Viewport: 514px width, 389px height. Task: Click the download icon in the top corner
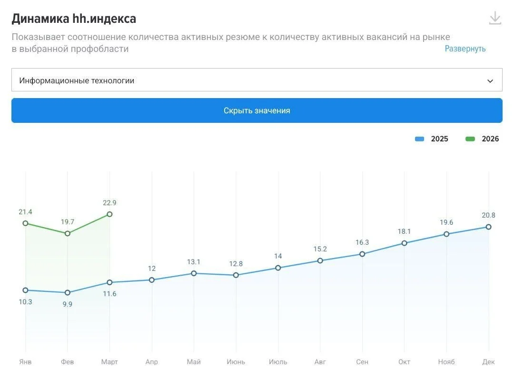point(495,18)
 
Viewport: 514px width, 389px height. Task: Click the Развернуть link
point(465,49)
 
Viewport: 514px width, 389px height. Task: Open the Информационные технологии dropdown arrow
point(490,81)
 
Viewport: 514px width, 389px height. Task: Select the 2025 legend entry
point(432,139)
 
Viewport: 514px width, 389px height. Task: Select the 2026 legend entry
point(483,139)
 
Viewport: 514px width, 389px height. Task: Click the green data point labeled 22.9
point(109,214)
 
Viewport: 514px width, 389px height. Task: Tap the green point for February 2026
point(68,233)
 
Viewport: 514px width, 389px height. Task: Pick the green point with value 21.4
point(26,223)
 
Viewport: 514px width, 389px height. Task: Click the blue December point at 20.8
point(488,227)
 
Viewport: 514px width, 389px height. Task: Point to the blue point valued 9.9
point(68,292)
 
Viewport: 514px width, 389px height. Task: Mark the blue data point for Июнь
point(236,275)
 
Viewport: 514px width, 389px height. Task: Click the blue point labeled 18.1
point(404,243)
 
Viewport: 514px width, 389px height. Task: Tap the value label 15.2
point(320,249)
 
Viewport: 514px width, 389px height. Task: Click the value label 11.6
point(109,294)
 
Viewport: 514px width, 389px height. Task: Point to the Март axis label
point(109,362)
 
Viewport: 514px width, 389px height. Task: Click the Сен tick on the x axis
point(362,362)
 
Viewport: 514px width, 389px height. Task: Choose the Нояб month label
point(446,362)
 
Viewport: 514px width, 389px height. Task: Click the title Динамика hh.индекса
point(74,19)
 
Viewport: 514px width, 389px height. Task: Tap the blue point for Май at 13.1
point(194,273)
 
